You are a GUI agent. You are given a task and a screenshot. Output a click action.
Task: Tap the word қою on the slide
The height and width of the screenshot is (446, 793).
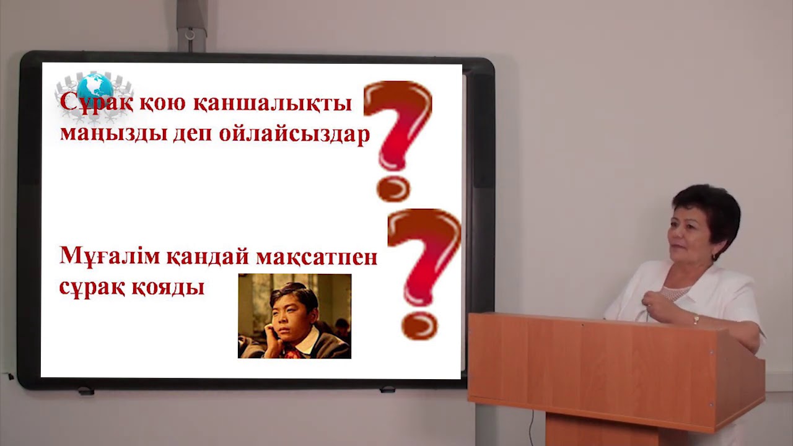[161, 103]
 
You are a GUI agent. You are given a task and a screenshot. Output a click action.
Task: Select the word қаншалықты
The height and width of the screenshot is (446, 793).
[272, 103]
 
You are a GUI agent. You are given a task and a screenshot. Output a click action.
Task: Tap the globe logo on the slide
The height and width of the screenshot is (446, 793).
[95, 87]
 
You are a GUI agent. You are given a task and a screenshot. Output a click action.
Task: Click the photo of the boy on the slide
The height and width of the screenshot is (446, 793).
[294, 316]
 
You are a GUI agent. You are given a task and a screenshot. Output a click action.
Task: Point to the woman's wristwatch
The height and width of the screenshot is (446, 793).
[696, 319]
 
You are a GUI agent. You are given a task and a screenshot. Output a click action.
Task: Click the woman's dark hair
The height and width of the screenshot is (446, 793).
[709, 204]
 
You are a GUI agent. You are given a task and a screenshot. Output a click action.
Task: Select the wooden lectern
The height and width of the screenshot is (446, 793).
[613, 372]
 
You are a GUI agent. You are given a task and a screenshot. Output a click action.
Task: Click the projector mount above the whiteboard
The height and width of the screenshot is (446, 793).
[191, 25]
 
